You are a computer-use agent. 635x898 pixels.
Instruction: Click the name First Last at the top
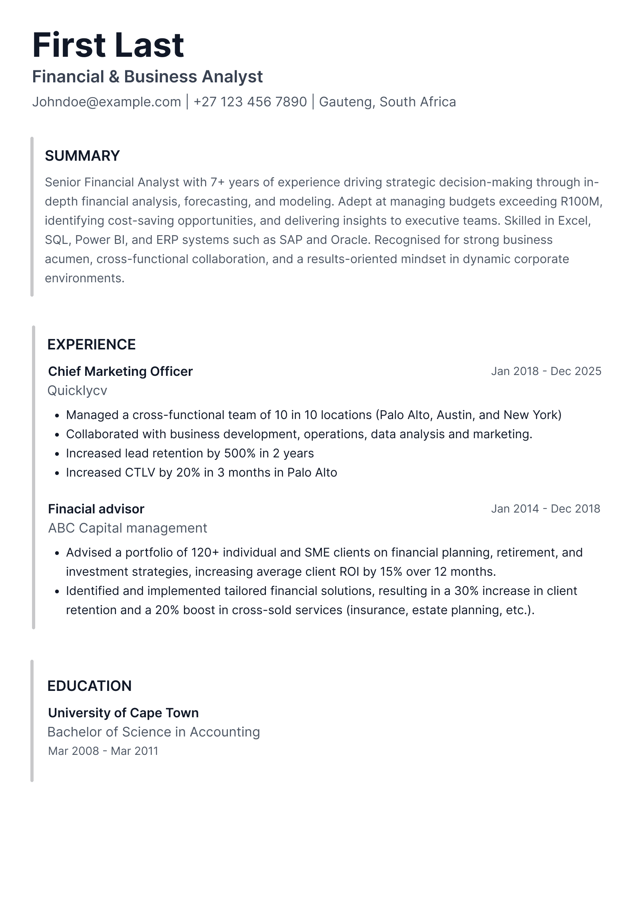coord(108,45)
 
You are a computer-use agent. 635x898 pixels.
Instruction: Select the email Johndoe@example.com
coord(106,102)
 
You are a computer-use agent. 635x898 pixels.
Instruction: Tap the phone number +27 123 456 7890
coord(250,102)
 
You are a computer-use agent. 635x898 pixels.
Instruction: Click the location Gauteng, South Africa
coord(387,102)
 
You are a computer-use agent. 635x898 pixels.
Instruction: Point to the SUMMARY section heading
coord(82,156)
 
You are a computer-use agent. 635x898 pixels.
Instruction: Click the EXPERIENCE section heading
coord(92,345)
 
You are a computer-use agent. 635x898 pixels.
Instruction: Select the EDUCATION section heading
coord(90,686)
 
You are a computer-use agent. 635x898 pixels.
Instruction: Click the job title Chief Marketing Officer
coord(120,371)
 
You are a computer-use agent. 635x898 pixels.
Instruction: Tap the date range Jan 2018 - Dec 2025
coord(546,371)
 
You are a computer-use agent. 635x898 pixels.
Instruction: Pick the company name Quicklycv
coord(77,391)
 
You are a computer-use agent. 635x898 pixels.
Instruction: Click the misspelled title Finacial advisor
coord(96,509)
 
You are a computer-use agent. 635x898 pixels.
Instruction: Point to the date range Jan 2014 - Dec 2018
coord(545,509)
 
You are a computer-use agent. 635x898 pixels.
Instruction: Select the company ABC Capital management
coord(128,528)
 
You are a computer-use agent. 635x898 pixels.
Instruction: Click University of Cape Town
coord(123,713)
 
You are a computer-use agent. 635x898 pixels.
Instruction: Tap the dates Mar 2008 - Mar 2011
coord(103,751)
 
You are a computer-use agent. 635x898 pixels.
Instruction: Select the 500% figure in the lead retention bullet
coord(240,453)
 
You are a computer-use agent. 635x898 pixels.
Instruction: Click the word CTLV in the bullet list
coord(140,473)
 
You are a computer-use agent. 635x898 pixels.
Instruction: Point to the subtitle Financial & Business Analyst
coord(147,77)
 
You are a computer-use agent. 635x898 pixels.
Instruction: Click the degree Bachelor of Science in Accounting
coord(154,732)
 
